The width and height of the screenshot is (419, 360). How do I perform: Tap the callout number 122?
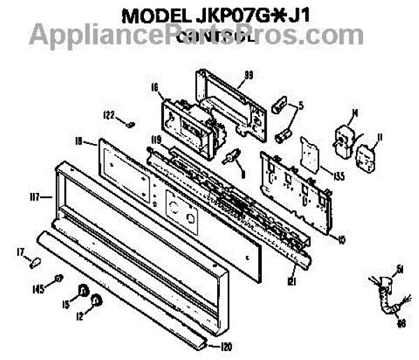tap(109, 116)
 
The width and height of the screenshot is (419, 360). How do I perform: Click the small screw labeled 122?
tap(130, 124)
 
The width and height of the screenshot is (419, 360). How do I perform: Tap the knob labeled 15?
tap(83, 290)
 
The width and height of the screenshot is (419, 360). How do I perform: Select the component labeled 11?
tap(364, 158)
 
